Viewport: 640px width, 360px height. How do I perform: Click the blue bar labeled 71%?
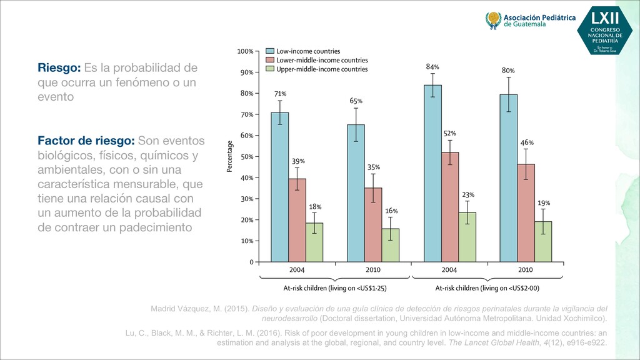[x=279, y=187]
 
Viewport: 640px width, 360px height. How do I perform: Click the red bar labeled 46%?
[x=526, y=212]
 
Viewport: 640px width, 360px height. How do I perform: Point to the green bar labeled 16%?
[x=391, y=244]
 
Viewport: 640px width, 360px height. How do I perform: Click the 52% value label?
[x=450, y=133]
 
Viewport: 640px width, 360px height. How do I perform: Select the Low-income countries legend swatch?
[x=270, y=51]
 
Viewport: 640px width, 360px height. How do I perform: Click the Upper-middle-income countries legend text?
[x=322, y=69]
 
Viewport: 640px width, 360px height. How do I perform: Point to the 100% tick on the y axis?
[x=246, y=51]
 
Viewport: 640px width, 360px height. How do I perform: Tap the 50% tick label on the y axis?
[x=246, y=156]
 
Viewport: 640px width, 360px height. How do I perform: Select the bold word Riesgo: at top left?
[x=58, y=67]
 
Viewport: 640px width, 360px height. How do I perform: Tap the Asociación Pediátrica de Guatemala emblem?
[x=493, y=21]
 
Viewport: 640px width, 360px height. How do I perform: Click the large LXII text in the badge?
[x=605, y=16]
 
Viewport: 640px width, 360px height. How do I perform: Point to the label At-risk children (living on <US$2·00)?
[x=487, y=288]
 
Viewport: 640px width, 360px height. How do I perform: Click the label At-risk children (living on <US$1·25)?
[x=334, y=288]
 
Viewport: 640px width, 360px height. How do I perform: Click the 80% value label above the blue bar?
[x=508, y=71]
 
